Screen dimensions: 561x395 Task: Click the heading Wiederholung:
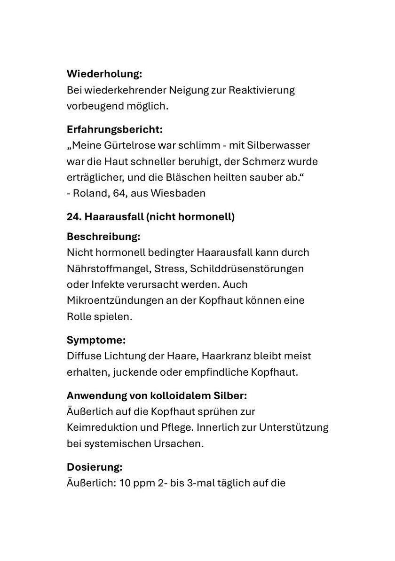[104, 74]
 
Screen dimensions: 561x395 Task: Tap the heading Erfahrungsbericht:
[115, 129]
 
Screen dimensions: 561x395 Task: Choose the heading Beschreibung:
[103, 236]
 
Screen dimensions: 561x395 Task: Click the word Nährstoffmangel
[104, 269]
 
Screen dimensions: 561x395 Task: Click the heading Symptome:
[96, 340]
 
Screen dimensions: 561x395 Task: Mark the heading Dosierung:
[95, 467]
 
